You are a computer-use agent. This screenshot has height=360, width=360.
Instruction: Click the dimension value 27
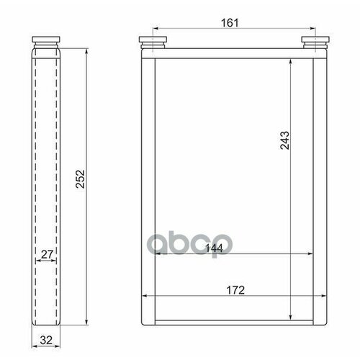pos(45,253)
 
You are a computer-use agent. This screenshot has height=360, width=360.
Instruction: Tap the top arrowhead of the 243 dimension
pos(289,62)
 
